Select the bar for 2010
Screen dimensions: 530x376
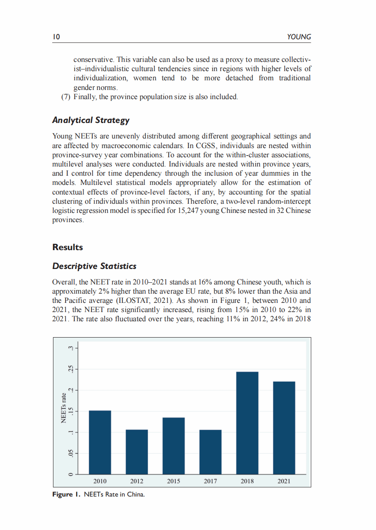click(x=100, y=443)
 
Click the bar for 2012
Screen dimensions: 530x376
click(x=137, y=452)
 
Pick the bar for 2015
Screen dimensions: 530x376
click(x=173, y=446)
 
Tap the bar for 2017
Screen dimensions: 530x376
click(x=210, y=452)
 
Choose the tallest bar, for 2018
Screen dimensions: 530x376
click(x=247, y=423)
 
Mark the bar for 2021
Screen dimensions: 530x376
click(x=284, y=428)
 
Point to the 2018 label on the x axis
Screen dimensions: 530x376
click(x=247, y=481)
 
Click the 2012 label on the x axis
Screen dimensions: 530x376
click(x=137, y=481)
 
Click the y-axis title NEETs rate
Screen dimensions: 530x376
click(x=64, y=408)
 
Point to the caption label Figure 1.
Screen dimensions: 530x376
click(x=67, y=495)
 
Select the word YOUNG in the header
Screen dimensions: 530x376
click(x=299, y=37)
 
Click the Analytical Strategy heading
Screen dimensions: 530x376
click(x=91, y=120)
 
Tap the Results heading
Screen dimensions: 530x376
click(x=68, y=247)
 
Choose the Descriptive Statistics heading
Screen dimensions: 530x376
click(x=94, y=266)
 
